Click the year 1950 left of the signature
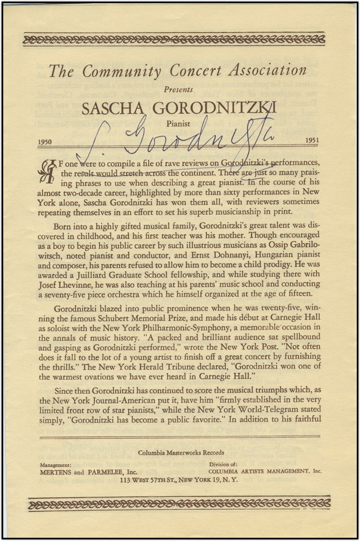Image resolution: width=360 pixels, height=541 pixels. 48,142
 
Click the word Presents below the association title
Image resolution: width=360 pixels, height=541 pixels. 179,89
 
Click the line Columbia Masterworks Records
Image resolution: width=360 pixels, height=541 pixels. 180,453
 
